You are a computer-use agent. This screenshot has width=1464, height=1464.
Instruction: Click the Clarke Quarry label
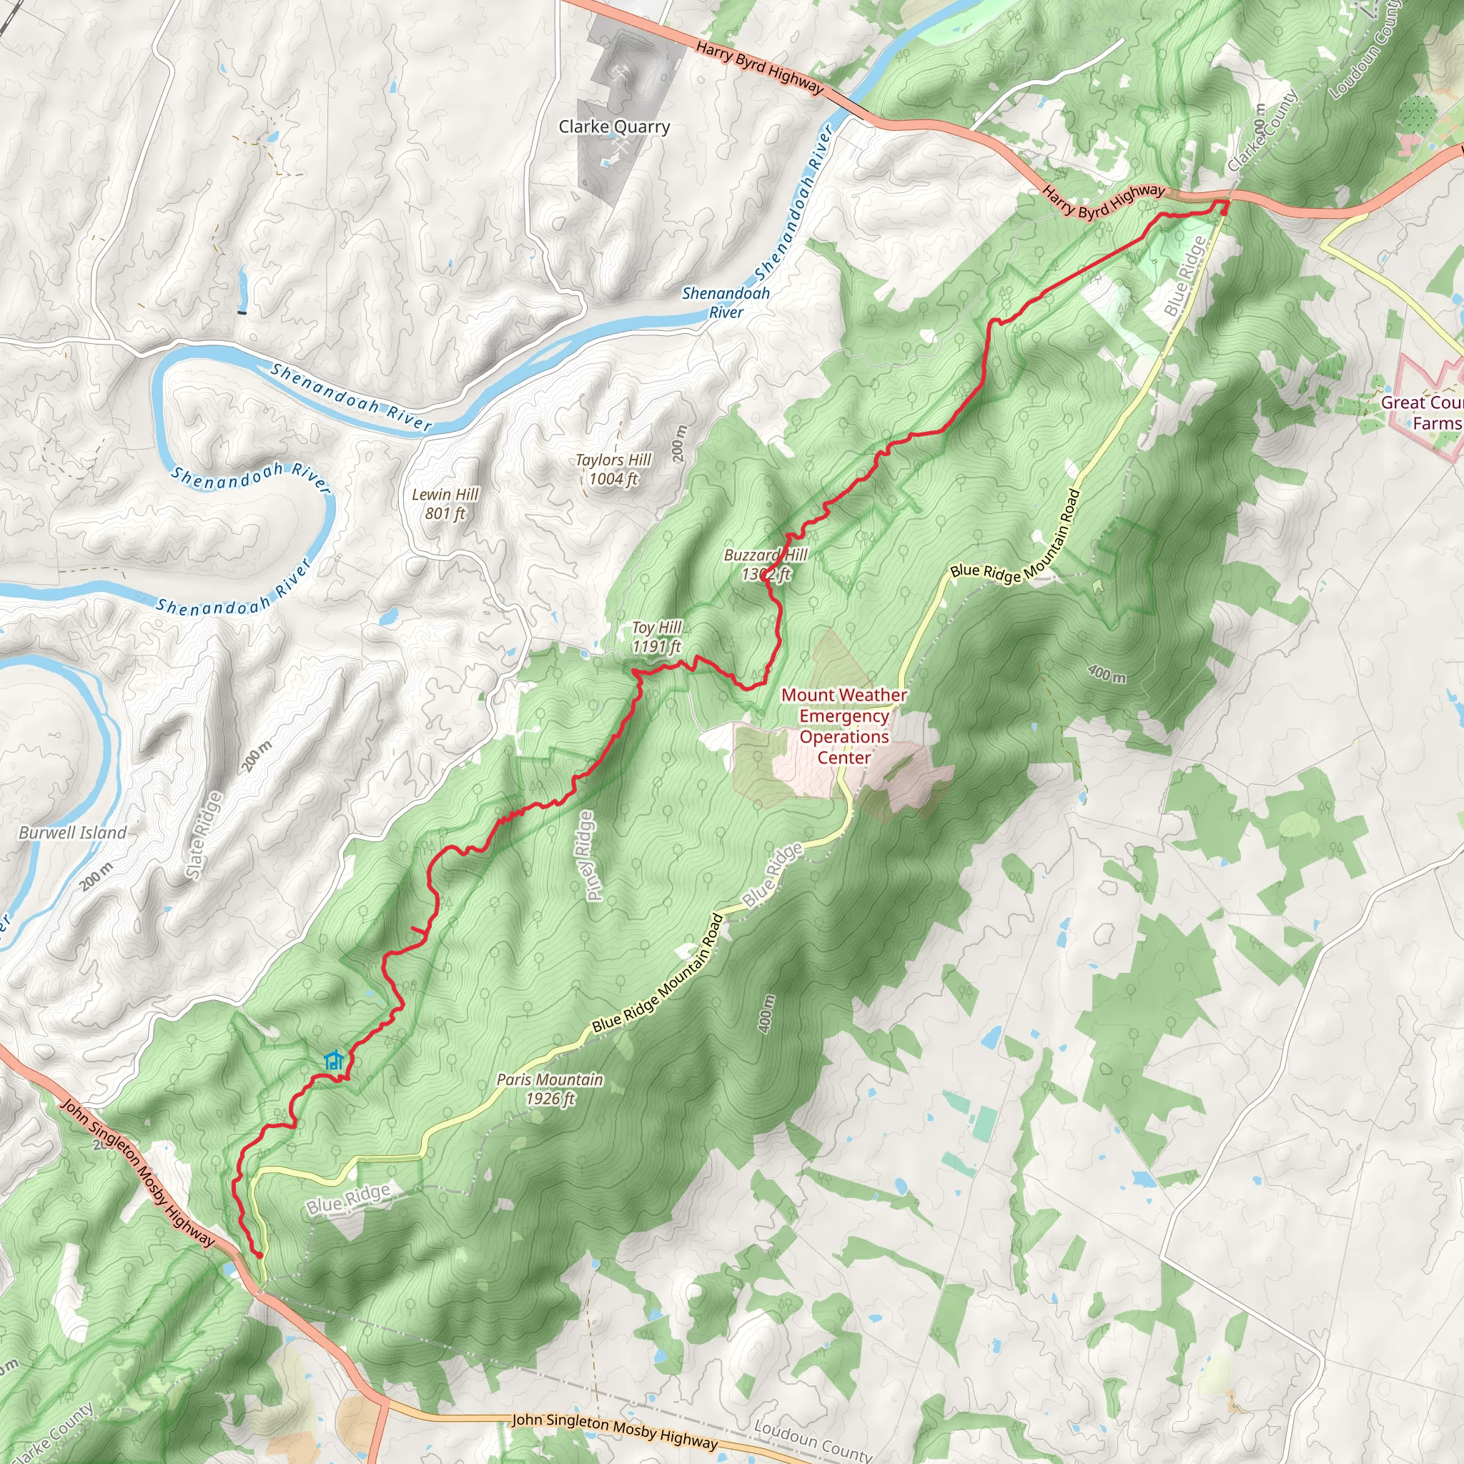614,127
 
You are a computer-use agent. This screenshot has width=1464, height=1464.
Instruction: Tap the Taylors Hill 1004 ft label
613,469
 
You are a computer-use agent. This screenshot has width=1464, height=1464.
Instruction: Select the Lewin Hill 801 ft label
445,504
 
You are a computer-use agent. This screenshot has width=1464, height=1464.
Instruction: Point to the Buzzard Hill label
766,555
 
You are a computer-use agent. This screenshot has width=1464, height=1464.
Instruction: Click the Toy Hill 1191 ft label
657,636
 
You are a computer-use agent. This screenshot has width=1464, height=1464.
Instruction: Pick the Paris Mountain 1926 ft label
550,1089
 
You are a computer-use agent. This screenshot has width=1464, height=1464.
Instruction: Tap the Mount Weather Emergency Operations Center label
844,726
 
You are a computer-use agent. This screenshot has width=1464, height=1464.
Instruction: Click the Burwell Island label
73,833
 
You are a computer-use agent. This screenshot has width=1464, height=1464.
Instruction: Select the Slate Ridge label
204,836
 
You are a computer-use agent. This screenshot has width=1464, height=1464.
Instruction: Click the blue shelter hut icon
333,1060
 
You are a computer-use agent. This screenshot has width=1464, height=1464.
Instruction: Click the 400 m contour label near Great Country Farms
1107,673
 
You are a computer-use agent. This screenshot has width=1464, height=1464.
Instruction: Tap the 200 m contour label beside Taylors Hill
678,444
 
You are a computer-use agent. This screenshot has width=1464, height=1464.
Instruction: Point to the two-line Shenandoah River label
726,302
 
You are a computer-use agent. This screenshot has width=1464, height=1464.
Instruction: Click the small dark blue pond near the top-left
242,312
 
